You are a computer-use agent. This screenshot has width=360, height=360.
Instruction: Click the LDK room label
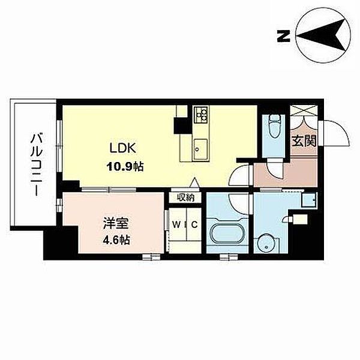(x=123, y=148)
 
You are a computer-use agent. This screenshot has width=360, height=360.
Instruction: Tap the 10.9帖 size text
(x=125, y=166)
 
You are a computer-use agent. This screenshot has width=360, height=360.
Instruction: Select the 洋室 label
(x=115, y=223)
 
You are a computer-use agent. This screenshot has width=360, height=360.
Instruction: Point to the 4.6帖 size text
(x=116, y=240)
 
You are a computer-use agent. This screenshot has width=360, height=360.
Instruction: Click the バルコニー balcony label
(x=36, y=164)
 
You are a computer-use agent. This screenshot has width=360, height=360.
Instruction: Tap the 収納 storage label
(x=185, y=197)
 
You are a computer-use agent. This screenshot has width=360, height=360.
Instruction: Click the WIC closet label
(x=185, y=225)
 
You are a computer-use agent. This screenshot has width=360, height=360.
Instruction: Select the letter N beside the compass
(x=284, y=36)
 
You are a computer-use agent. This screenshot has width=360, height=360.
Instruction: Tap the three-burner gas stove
(x=201, y=115)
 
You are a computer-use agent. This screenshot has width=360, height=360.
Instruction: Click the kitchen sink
(x=200, y=149)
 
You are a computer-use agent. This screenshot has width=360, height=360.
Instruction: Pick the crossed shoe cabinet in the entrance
(x=304, y=110)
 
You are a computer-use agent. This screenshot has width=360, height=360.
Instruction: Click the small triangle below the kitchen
(x=194, y=182)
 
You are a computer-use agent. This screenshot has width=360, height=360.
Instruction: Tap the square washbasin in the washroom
(x=309, y=200)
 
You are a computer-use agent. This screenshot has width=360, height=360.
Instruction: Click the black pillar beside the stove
(x=183, y=125)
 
